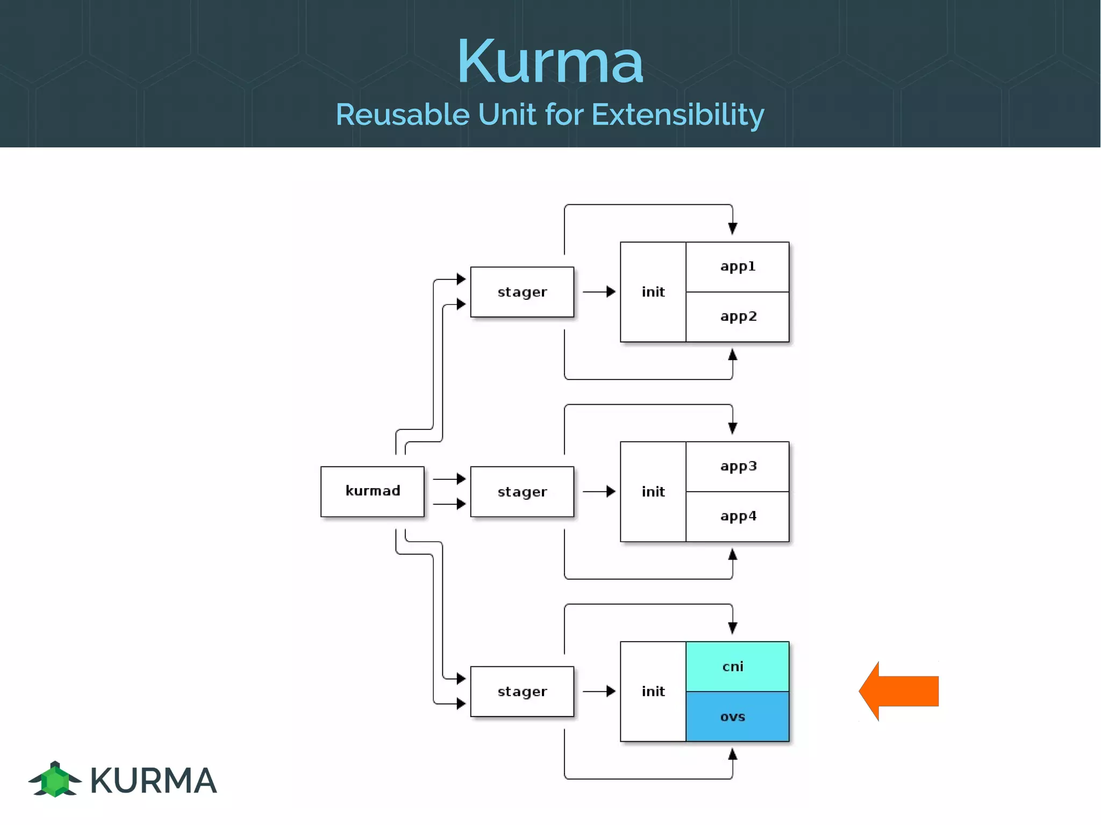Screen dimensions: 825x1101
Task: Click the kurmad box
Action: pyautogui.click(x=373, y=491)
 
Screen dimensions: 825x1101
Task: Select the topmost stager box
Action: pyautogui.click(x=522, y=292)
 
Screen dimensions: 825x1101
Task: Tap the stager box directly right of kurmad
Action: pyautogui.click(x=522, y=491)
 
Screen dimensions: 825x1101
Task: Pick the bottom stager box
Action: pyautogui.click(x=522, y=691)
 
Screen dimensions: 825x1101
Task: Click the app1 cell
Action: pyautogui.click(x=738, y=267)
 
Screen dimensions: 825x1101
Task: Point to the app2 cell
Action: pyautogui.click(x=738, y=317)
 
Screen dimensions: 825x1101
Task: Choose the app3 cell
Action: pyautogui.click(x=738, y=467)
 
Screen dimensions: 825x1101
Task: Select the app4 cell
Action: pyautogui.click(x=738, y=516)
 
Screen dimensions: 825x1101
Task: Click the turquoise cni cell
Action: pyautogui.click(x=738, y=666)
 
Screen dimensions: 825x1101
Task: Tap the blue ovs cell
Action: pyautogui.click(x=738, y=716)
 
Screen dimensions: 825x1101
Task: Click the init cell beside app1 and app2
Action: pyautogui.click(x=653, y=292)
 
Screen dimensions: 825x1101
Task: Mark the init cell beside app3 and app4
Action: pyautogui.click(x=653, y=491)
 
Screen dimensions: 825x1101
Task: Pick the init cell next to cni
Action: pyautogui.click(x=653, y=691)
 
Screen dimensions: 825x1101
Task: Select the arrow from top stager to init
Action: pyautogui.click(x=598, y=292)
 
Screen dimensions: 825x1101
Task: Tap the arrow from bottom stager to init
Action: pyautogui.click(x=598, y=691)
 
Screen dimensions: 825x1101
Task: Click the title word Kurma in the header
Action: pyautogui.click(x=550, y=62)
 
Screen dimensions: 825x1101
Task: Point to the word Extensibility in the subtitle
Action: pyautogui.click(x=678, y=114)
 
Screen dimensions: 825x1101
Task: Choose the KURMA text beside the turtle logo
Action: pyautogui.click(x=154, y=780)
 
